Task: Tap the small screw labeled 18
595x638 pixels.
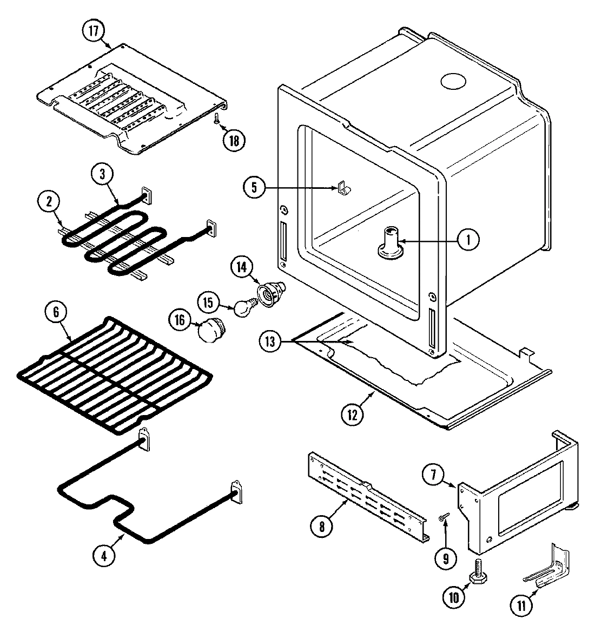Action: [x=216, y=117]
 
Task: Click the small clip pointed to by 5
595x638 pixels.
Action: [x=342, y=188]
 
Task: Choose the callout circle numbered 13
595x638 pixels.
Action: [x=270, y=341]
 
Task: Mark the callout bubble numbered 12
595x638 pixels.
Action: [x=353, y=415]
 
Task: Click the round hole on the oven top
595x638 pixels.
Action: [x=453, y=81]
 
